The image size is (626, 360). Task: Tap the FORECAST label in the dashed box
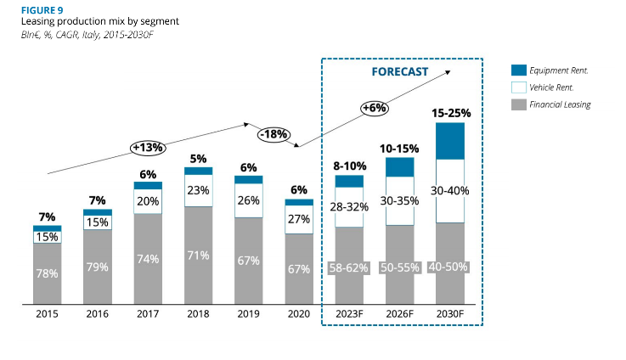(400, 72)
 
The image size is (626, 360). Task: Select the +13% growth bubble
(149, 148)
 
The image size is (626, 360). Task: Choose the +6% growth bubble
(374, 108)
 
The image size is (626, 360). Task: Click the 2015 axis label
(47, 313)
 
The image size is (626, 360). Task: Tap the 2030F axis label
(450, 313)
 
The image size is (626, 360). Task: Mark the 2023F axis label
(349, 313)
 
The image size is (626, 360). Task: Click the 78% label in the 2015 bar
(47, 273)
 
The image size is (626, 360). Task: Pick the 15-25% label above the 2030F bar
(451, 112)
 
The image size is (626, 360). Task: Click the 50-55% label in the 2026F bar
(400, 267)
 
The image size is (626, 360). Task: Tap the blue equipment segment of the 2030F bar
(450, 141)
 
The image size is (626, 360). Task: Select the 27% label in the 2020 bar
(299, 218)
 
